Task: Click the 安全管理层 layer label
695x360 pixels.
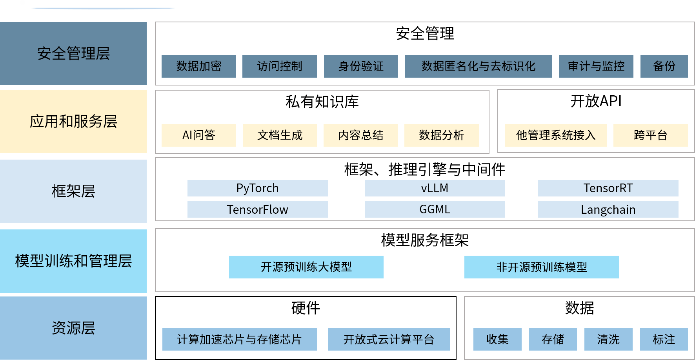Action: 73,54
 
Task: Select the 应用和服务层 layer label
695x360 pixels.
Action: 73,122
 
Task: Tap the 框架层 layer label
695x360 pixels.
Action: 73,191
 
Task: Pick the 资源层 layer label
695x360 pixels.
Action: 73,328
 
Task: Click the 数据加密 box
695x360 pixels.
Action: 199,66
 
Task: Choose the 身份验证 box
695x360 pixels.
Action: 361,66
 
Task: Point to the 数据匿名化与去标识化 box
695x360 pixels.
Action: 478,66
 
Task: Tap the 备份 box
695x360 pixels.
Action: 664,66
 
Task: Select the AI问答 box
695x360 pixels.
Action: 199,135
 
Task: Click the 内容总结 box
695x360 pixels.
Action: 361,135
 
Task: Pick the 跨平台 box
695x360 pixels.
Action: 650,135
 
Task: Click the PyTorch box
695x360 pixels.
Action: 257,188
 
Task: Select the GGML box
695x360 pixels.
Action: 435,209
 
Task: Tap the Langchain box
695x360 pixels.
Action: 608,209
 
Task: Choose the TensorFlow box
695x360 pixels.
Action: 257,209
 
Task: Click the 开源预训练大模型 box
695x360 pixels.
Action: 306,267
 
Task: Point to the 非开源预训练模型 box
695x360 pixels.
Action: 542,267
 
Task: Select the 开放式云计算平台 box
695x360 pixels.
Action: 389,339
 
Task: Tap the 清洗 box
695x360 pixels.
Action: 608,339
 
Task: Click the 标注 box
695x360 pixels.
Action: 664,339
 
